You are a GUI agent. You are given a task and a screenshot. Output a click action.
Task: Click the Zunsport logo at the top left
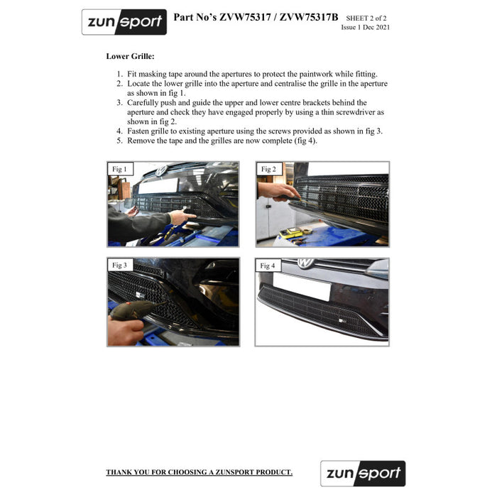124,22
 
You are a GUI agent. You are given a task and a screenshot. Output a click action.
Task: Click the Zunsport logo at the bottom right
363,474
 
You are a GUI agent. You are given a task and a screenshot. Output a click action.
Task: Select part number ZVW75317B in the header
309,17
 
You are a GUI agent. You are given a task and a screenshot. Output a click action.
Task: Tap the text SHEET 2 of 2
366,18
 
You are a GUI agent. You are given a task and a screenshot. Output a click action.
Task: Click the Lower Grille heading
130,56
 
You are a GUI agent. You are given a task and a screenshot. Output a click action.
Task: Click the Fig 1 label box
120,169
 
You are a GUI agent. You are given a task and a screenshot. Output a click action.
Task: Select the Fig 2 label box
269,169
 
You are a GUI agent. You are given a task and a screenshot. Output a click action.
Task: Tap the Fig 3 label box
120,265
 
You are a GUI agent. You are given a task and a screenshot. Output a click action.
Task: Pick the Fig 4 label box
268,266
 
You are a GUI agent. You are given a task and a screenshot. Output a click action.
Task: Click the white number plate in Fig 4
302,287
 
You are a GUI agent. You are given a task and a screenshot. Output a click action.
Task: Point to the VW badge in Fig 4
305,263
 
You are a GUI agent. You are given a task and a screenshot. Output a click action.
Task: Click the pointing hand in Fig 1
182,217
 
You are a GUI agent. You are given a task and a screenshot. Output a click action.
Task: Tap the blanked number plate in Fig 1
158,185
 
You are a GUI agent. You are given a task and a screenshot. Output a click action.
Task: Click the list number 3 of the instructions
119,103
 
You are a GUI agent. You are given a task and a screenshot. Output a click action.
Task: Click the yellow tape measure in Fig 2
291,233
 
